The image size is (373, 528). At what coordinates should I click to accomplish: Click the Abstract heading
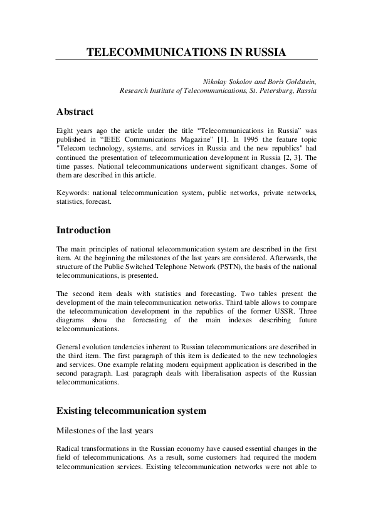(75, 112)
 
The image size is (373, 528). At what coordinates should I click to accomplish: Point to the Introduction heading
(83, 230)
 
